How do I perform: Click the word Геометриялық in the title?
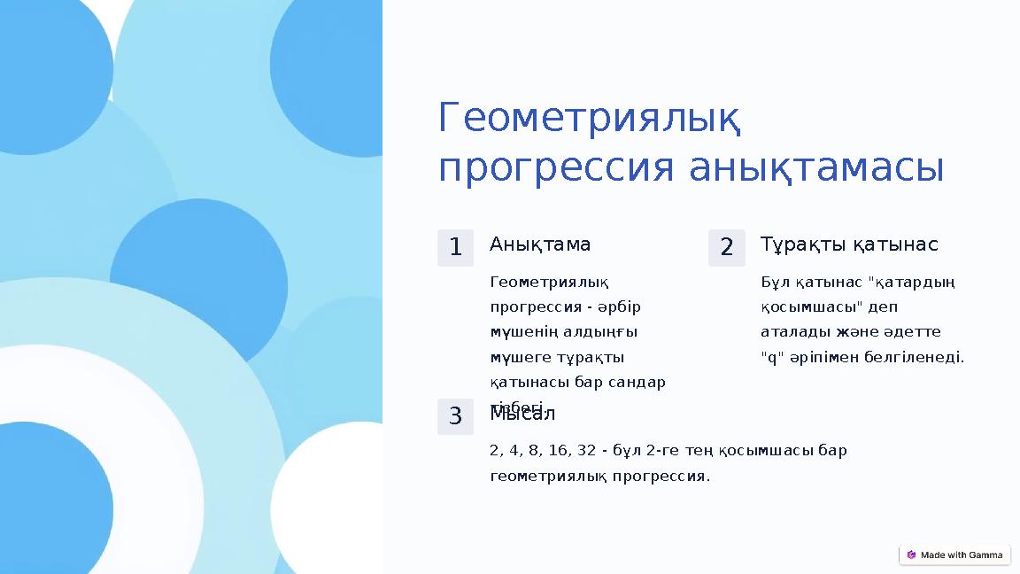pyautogui.click(x=590, y=119)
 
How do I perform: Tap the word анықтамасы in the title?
pyautogui.click(x=815, y=168)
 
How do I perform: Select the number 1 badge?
pyautogui.click(x=455, y=248)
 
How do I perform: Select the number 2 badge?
pyautogui.click(x=726, y=248)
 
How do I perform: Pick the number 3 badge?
pyautogui.click(x=455, y=416)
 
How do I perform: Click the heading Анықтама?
pyautogui.click(x=540, y=244)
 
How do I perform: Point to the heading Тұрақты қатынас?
pyautogui.click(x=849, y=244)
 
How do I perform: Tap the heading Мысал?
pyautogui.click(x=522, y=414)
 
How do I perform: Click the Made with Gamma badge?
pyautogui.click(x=954, y=555)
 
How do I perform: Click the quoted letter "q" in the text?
pyautogui.click(x=770, y=358)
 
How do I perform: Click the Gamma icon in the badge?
pyautogui.click(x=912, y=555)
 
